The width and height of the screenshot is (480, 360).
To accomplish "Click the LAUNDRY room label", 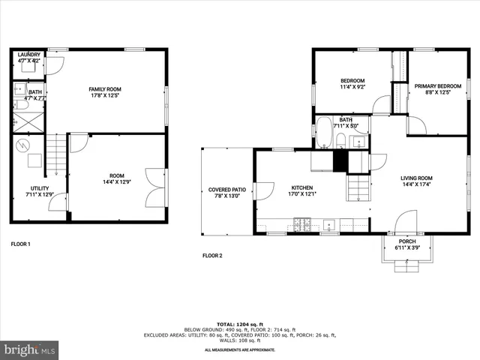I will [29, 54].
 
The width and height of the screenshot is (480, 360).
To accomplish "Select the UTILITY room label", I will [40, 188].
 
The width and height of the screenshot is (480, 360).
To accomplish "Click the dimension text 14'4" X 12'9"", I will [116, 181].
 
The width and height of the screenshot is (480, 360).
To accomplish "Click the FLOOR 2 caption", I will [212, 256].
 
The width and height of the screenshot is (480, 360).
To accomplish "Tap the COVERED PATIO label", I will [227, 190].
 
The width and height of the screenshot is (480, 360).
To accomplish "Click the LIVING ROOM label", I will [416, 178].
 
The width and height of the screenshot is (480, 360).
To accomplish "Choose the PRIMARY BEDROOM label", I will [438, 86].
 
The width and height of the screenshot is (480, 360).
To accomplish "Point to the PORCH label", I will [407, 241].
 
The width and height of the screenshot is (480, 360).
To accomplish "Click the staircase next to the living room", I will [358, 186].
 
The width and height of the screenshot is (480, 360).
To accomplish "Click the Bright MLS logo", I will [30, 349].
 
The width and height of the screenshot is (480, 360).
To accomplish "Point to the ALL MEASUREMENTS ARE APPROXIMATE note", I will [239, 349].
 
